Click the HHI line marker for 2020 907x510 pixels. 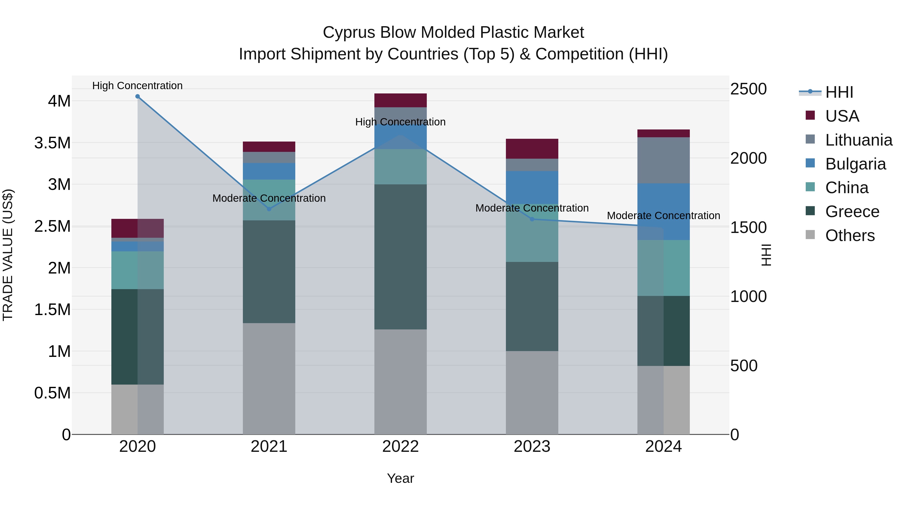(137, 96)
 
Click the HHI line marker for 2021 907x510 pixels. (269, 209)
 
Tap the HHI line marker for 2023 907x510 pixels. (532, 219)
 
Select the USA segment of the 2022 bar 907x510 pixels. (400, 100)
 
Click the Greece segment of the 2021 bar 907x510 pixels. (269, 272)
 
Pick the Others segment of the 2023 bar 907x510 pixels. (532, 392)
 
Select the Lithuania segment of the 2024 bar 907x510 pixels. (663, 160)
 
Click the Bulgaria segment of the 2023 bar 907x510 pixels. (532, 188)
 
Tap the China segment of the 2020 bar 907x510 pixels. (137, 270)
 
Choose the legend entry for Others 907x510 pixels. (849, 235)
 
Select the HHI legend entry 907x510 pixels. (839, 92)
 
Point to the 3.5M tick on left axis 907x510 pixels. (52, 143)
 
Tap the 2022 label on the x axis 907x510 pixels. (400, 447)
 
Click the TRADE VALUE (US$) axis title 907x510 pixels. (8, 255)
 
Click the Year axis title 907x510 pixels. (400, 478)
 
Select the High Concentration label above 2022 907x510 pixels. (400, 122)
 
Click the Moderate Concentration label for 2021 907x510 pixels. (269, 198)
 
